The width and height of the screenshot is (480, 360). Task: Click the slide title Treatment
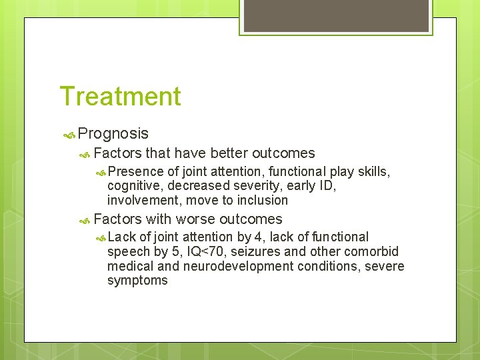click(x=120, y=96)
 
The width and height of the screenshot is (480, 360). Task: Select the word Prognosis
click(x=113, y=134)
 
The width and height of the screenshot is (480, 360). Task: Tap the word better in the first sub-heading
click(x=229, y=153)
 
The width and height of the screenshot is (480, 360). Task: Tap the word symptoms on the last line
click(x=137, y=281)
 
